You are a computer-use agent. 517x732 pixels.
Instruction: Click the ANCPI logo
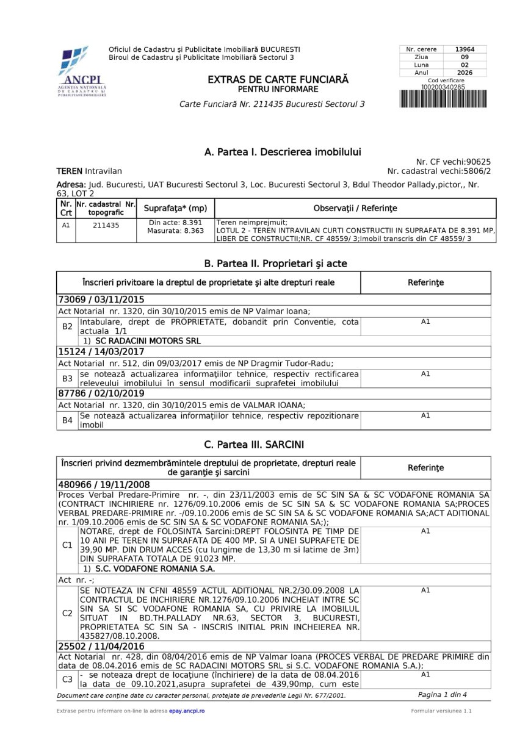click(x=82, y=72)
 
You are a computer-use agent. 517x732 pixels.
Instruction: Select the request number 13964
click(x=461, y=49)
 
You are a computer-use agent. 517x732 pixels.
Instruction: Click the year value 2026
click(x=461, y=73)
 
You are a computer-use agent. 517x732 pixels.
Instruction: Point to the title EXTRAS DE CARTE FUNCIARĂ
click(x=278, y=80)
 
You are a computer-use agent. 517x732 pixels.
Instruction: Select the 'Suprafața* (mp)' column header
click(x=175, y=209)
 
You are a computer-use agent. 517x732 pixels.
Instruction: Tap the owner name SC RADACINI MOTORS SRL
click(x=148, y=341)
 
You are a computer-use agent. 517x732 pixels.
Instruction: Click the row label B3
click(x=67, y=378)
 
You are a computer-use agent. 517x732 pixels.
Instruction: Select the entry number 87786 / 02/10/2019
click(x=101, y=394)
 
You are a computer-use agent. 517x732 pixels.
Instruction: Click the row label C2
click(x=67, y=613)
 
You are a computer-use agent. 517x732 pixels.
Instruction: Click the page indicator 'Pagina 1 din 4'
click(x=442, y=695)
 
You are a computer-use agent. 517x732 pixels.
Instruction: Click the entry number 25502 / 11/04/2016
click(x=101, y=646)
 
